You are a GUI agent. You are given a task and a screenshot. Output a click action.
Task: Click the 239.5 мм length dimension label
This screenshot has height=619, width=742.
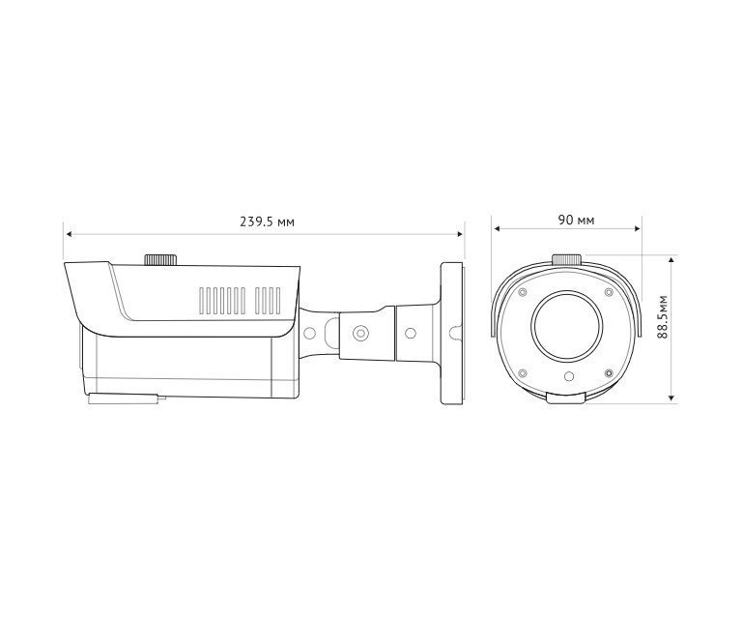(x=268, y=221)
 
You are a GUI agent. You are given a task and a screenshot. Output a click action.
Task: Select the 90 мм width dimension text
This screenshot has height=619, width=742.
(x=576, y=220)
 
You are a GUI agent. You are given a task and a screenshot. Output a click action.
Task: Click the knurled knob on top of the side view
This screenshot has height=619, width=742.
(x=160, y=259)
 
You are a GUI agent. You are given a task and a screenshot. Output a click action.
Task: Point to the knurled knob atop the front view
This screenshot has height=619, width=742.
(x=566, y=259)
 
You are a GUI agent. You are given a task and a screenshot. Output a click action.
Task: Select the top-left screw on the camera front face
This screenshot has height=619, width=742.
(x=522, y=291)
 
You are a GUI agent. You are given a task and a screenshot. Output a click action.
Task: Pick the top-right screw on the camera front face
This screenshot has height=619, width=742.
(x=609, y=291)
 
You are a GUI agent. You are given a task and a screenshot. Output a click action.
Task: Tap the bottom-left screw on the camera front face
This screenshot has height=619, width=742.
(x=522, y=371)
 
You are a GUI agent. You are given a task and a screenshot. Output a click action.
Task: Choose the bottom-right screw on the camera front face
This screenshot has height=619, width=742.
(x=609, y=371)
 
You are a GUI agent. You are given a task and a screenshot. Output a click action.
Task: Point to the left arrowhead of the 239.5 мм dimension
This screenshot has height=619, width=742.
(x=69, y=233)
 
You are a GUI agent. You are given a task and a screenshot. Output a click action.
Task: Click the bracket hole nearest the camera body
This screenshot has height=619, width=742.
(x=310, y=333)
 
